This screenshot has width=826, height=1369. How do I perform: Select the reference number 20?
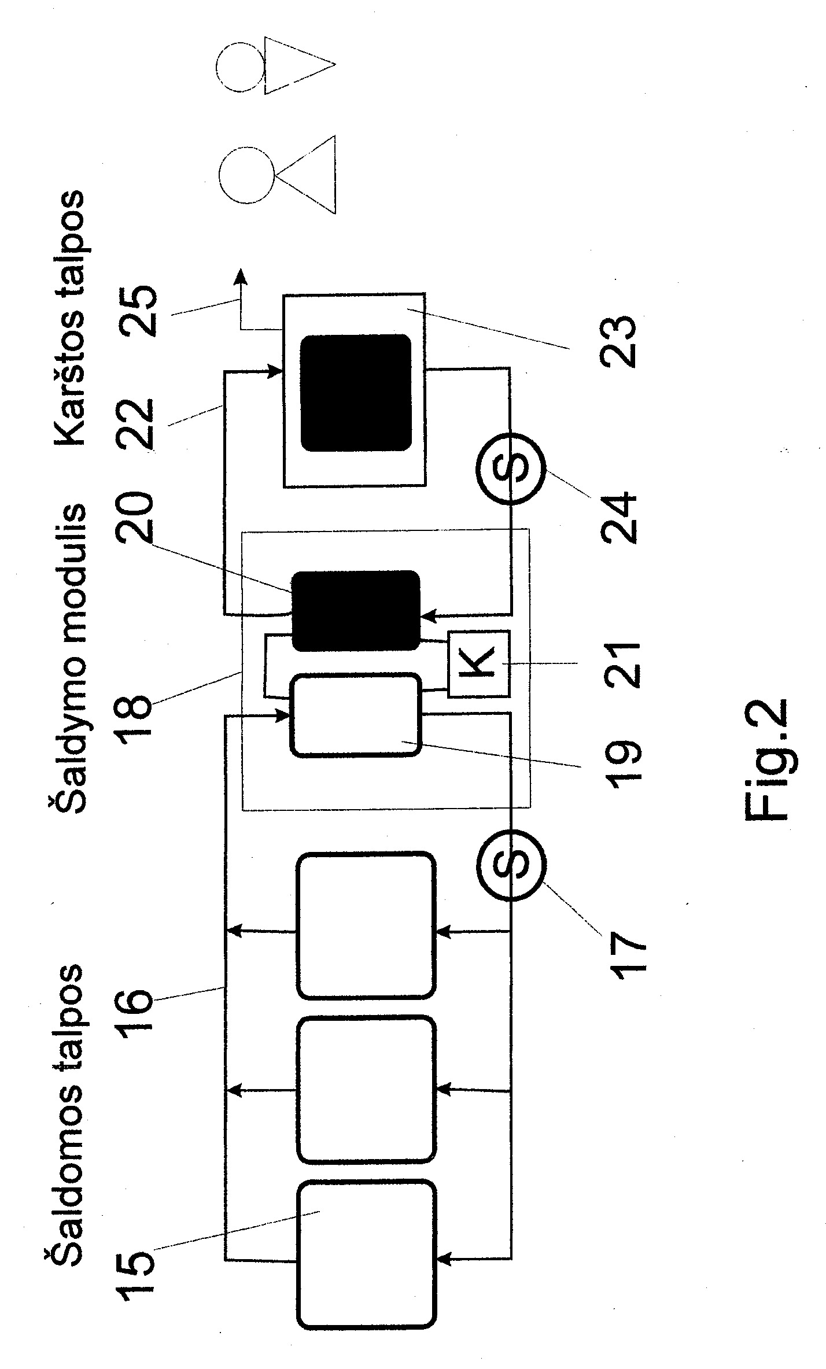click(x=137, y=518)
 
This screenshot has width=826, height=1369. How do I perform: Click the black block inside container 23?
click(x=356, y=393)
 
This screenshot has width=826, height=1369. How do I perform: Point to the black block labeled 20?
click(x=356, y=611)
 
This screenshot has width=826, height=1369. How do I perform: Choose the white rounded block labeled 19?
click(x=356, y=715)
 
